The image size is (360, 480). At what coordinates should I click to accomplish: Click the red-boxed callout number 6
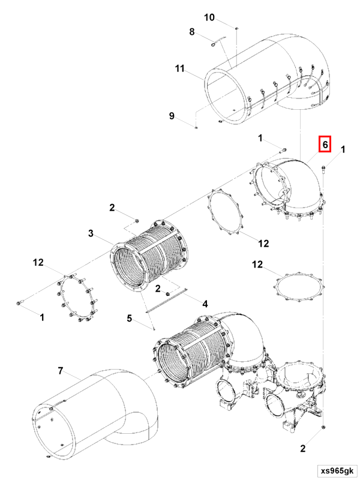(x=325, y=144)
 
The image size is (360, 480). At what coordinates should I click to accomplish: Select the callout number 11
(x=180, y=69)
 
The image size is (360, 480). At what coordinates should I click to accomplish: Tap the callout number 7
(x=60, y=371)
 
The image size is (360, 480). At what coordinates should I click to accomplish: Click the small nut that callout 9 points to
(x=196, y=127)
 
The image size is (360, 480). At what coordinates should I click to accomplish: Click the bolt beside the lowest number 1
(x=20, y=303)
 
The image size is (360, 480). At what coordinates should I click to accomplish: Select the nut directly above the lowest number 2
(x=323, y=427)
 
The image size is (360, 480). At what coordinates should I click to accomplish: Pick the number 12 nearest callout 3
(x=38, y=262)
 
